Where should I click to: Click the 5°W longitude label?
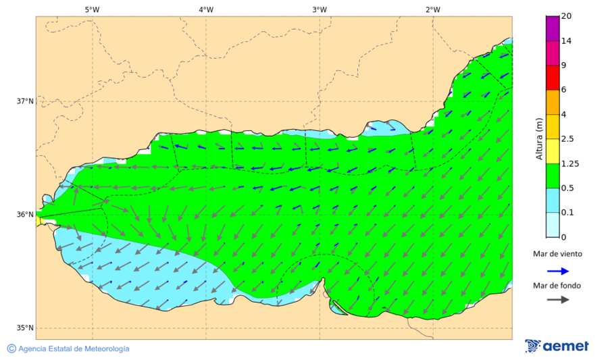pos(92,9)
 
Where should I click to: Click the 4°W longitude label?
pos(206,9)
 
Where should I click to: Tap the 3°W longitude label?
pos(320,9)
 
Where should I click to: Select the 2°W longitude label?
pos(433,9)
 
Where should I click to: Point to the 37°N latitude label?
pos(25,101)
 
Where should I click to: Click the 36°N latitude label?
pos(25,215)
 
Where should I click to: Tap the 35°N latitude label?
pos(25,328)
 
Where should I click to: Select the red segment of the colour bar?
pos(553,77)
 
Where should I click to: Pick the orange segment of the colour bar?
pos(553,102)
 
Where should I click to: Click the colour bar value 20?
pos(566,16)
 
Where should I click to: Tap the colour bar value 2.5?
pos(568,139)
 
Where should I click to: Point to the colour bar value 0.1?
pos(568,212)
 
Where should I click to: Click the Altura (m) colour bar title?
pos(539,138)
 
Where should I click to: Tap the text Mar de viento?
pos(557,254)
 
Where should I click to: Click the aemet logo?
pos(557,346)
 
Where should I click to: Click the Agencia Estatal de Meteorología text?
pos(73,349)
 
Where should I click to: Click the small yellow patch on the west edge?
pos(39,221)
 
